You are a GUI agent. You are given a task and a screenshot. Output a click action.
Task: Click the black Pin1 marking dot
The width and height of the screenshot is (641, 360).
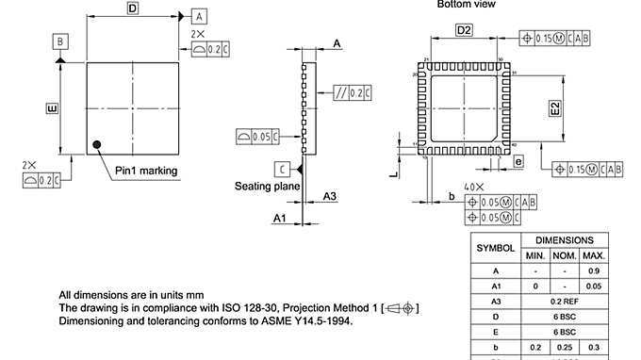pyautogui.click(x=96, y=144)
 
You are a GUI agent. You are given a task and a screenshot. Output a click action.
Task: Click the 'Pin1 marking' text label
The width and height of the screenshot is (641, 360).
pyautogui.click(x=146, y=171)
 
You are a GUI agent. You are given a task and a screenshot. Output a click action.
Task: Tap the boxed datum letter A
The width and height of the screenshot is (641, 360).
pyautogui.click(x=200, y=16)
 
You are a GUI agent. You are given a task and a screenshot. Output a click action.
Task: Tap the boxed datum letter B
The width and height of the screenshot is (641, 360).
pyautogui.click(x=60, y=42)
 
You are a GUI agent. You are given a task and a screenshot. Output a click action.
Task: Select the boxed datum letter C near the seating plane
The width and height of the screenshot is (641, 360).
pyautogui.click(x=282, y=169)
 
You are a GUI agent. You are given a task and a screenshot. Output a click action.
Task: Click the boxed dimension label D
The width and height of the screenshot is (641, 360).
pyautogui.click(x=132, y=8)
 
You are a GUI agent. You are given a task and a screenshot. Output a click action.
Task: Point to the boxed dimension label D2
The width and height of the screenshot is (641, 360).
pyautogui.click(x=464, y=31)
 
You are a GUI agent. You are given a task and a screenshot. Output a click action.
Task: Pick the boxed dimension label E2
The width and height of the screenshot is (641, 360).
pyautogui.click(x=555, y=107)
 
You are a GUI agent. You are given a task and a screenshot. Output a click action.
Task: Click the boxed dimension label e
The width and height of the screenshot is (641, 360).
pyautogui.click(x=518, y=162)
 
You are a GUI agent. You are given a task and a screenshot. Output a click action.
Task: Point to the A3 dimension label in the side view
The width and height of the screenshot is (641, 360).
pyautogui.click(x=330, y=196)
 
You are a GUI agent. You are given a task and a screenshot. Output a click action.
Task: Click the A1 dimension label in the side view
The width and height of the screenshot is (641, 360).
pyautogui.click(x=279, y=218)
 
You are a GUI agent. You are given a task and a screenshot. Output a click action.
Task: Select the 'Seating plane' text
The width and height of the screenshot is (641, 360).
pyautogui.click(x=268, y=187)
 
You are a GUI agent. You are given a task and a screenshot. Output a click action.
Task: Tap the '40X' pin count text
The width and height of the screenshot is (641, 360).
pyautogui.click(x=473, y=187)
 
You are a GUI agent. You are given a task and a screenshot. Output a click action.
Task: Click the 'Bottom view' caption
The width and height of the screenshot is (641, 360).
pyautogui.click(x=466, y=4)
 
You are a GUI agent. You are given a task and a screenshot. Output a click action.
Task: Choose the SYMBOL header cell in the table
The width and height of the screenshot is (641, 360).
pyautogui.click(x=495, y=248)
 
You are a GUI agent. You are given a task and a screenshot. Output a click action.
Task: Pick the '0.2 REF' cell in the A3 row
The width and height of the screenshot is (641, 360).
pyautogui.click(x=564, y=301)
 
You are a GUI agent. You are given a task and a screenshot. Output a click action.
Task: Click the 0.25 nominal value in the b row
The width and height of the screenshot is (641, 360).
pyautogui.click(x=564, y=346)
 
